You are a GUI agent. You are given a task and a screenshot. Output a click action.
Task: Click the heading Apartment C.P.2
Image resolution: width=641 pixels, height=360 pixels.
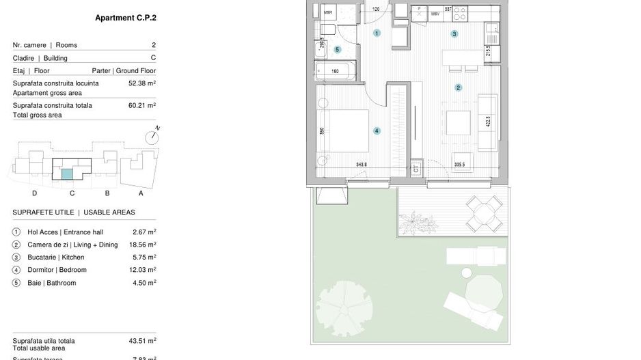click(x=125, y=18)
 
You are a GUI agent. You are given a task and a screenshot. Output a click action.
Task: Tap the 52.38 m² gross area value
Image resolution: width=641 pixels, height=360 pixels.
click(x=142, y=83)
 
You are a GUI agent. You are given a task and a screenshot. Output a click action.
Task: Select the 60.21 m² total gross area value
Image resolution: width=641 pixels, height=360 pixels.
click(x=142, y=106)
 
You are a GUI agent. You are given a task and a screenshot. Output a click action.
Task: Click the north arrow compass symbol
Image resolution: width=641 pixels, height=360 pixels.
click(x=154, y=135)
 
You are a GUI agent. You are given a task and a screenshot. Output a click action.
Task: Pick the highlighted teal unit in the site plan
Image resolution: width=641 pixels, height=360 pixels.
click(x=67, y=174)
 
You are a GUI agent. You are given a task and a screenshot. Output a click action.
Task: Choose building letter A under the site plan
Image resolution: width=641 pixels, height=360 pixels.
click(x=141, y=193)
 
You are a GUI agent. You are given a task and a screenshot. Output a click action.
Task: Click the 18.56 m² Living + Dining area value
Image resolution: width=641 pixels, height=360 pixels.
click(x=142, y=245)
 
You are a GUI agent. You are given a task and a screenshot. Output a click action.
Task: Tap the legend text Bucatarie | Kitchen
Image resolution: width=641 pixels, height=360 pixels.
click(x=56, y=258)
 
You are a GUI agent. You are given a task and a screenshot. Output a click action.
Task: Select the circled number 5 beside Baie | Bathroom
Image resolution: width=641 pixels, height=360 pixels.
click(x=16, y=283)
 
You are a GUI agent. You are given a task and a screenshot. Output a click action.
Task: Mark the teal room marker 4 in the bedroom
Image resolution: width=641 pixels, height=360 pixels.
click(x=376, y=130)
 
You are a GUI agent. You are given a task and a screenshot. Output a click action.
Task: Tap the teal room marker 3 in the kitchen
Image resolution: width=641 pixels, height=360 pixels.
click(x=454, y=33)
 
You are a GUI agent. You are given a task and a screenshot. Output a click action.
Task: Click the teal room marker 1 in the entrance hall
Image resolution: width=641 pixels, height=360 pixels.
click(x=377, y=33)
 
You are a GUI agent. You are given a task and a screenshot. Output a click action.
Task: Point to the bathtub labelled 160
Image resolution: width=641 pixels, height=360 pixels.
click(x=335, y=70)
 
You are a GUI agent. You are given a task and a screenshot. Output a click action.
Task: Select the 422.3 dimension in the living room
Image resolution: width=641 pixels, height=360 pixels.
click(x=488, y=123)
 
